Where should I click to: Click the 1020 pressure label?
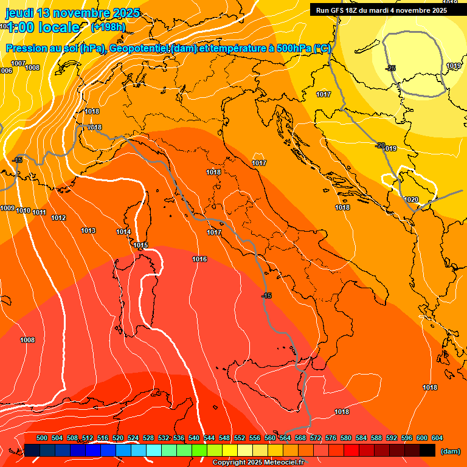click(x=411, y=199)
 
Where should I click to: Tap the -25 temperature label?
click(x=390, y=68)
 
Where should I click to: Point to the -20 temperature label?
click(x=380, y=145)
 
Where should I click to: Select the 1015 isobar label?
click(x=140, y=245)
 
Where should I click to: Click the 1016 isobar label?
click(x=199, y=260)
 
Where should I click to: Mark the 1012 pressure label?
click(x=58, y=218)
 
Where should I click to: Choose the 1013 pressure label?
click(x=88, y=230)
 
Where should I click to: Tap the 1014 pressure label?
click(x=123, y=232)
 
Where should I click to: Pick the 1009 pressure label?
click(x=7, y=209)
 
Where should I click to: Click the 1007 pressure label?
click(x=18, y=63)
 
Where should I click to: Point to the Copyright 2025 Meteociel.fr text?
click(x=258, y=463)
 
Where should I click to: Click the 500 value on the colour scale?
click(x=42, y=438)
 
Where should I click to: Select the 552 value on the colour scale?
click(x=240, y=438)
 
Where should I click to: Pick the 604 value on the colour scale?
click(x=437, y=438)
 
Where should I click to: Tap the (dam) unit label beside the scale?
click(x=450, y=451)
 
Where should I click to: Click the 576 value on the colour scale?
click(x=331, y=438)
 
